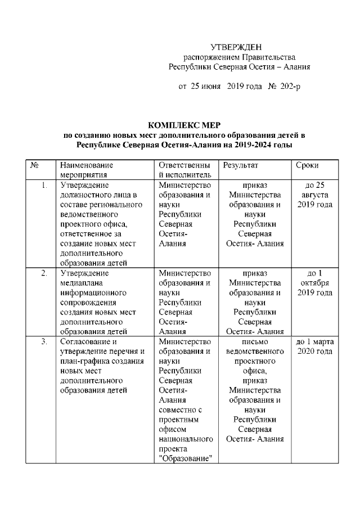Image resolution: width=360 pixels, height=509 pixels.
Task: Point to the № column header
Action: (34, 165)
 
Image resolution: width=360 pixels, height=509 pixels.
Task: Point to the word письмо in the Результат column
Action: (255, 341)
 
